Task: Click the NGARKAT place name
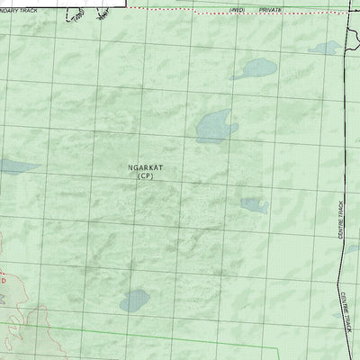click(147, 166)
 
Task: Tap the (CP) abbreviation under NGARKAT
click(147, 176)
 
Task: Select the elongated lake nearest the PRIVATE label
click(255, 68)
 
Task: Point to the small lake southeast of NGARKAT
click(254, 205)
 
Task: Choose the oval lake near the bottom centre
click(137, 299)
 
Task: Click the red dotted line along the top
click(180, 8)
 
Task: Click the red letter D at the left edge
click(3, 281)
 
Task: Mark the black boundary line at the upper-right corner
click(348, 36)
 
